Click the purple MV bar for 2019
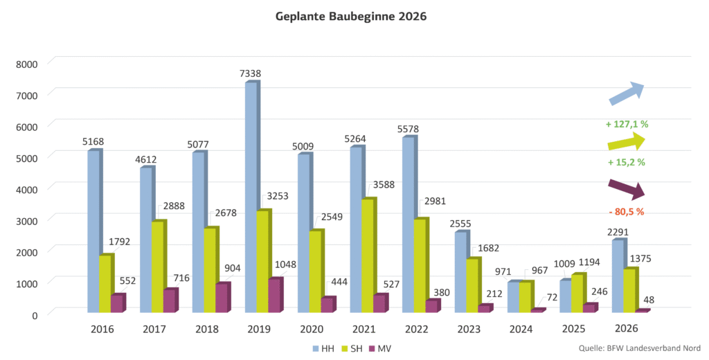[275, 296]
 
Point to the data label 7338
[251, 73]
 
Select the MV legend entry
[388, 348]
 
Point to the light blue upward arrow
[627, 93]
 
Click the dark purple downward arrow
[626, 187]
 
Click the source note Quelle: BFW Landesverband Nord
[637, 348]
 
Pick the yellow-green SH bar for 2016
[105, 284]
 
